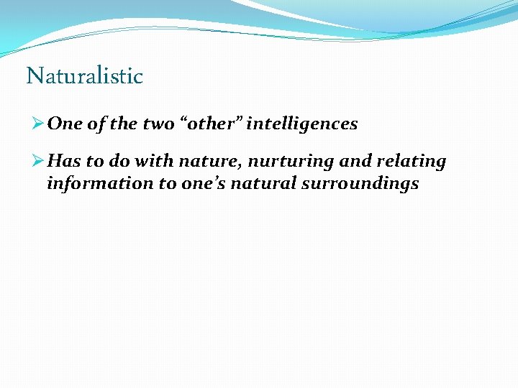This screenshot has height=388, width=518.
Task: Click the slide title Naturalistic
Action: click(84, 75)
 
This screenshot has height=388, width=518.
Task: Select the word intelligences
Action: click(303, 124)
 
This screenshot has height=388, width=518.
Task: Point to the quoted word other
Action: click(213, 124)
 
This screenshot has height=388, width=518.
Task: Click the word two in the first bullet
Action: click(158, 124)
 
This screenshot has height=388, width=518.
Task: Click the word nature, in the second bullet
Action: click(215, 162)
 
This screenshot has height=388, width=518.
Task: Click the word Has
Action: click(65, 161)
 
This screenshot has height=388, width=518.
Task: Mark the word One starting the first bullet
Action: click(65, 124)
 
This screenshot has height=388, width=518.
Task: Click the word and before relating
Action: click(360, 161)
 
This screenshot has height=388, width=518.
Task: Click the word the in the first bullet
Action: click(124, 124)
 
